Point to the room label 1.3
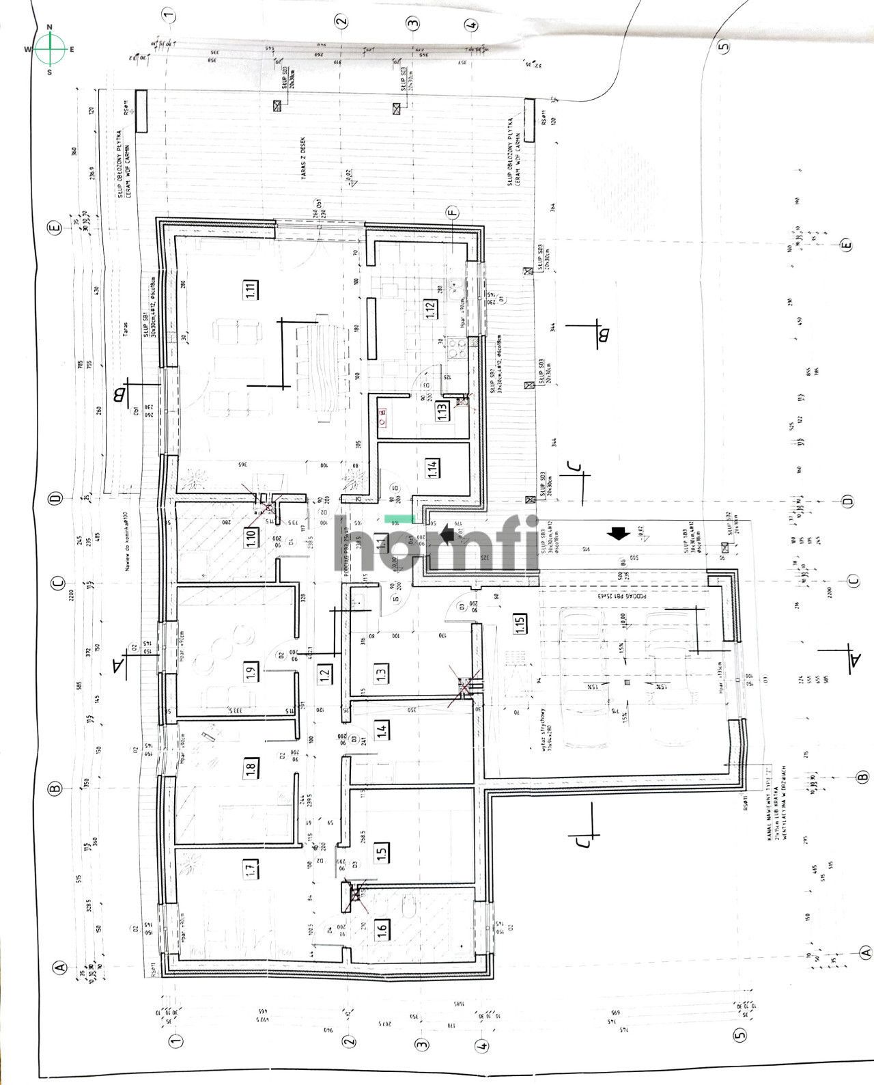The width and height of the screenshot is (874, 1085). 381,672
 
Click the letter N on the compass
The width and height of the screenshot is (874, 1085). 49,28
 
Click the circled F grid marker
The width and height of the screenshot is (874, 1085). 451,212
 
